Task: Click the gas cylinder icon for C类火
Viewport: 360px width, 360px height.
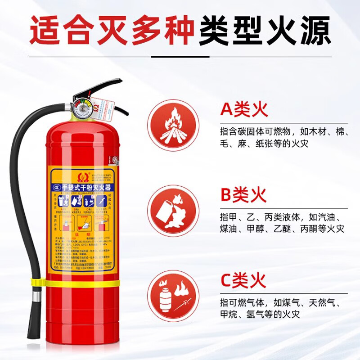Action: click(173, 293)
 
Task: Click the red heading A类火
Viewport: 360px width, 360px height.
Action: click(243, 109)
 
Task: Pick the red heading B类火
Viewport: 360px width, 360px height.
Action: click(243, 195)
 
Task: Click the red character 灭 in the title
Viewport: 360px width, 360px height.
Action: click(112, 31)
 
